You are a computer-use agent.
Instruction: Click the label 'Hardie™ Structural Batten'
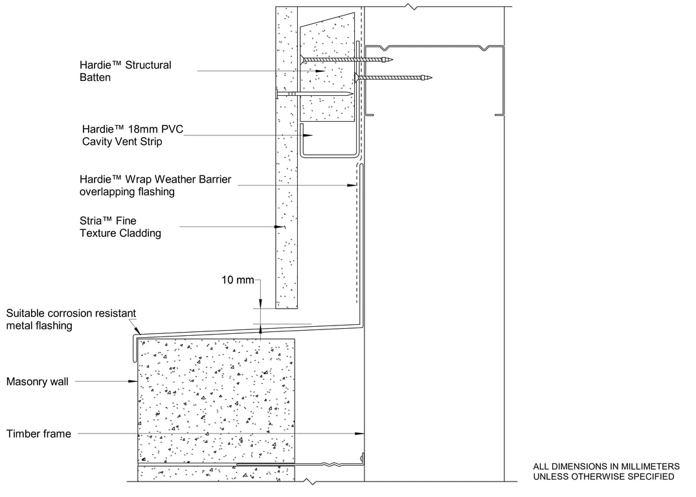125,71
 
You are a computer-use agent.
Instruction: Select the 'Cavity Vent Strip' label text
122,142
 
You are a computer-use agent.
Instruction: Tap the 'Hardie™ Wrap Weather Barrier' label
155,179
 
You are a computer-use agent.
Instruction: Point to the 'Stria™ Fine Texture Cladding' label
120,226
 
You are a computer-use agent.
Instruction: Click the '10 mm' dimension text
238,280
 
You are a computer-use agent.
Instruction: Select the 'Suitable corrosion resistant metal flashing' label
71,319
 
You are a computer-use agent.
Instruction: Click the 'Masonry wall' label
38,382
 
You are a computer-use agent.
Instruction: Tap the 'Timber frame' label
39,434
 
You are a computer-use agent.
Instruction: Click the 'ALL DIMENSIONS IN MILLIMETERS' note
607,467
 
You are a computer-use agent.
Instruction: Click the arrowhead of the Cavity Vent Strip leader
310,135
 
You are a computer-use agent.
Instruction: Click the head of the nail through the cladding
277,94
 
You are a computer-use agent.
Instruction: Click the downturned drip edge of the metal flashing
133,348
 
